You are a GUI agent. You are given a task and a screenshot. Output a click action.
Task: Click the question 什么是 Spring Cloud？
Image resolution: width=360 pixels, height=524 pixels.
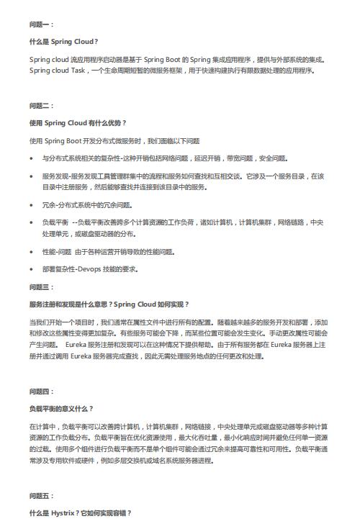64,42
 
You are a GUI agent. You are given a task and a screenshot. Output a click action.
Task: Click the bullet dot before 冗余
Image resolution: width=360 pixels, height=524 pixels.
32,204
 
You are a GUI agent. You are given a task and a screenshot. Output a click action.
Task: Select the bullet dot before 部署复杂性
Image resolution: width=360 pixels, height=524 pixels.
32,270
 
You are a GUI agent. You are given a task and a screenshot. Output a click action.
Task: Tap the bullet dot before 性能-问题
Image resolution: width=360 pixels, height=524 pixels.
32,252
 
